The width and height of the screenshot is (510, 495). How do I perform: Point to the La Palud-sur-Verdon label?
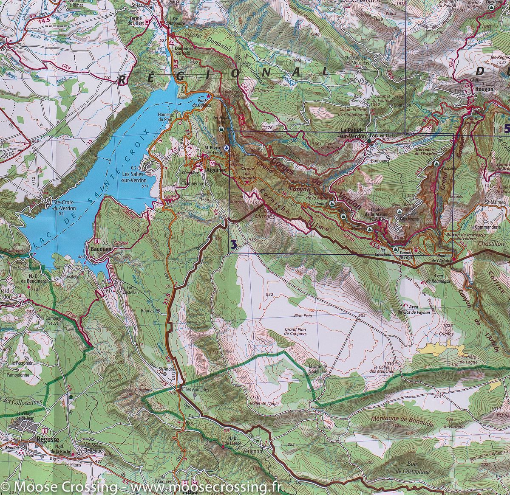[354, 133]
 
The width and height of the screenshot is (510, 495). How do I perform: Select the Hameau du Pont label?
[167, 117]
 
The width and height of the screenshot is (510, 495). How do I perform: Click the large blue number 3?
[232, 244]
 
